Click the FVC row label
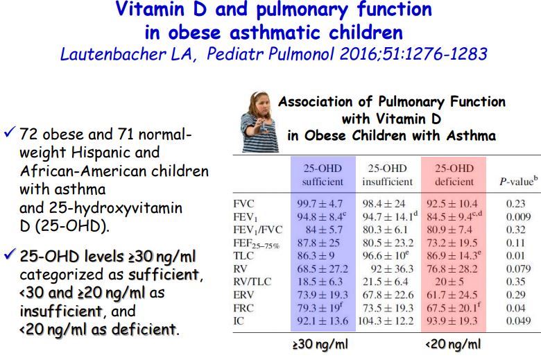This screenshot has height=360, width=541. click(x=243, y=205)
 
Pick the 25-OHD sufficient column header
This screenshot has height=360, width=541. click(x=322, y=175)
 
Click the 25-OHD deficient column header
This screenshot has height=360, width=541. click(x=454, y=175)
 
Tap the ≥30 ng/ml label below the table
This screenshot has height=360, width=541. click(x=321, y=344)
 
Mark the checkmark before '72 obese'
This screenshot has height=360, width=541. click(x=10, y=132)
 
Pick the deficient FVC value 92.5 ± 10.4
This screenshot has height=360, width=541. click(x=454, y=205)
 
